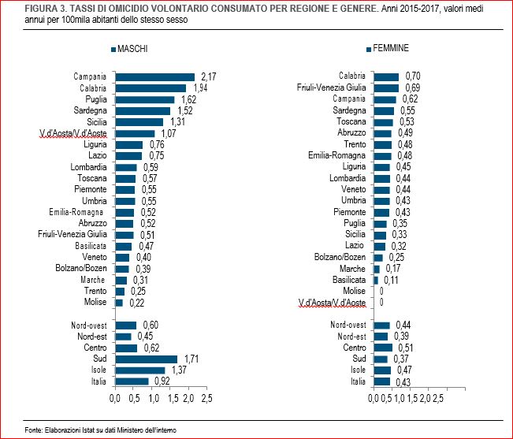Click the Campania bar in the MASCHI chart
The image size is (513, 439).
pyautogui.click(x=154, y=76)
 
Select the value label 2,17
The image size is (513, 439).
pyautogui.click(x=209, y=76)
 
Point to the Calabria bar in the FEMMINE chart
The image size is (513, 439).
pyautogui.click(x=386, y=76)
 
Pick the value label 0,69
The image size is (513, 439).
pyautogui.click(x=413, y=87)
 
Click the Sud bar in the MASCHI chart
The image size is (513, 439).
pyautogui.click(x=147, y=359)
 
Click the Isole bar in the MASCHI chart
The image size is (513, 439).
pyautogui.click(x=140, y=370)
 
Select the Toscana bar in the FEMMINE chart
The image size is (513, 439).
pyautogui.click(x=383, y=122)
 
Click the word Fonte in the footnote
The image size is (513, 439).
pyautogui.click(x=33, y=430)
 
